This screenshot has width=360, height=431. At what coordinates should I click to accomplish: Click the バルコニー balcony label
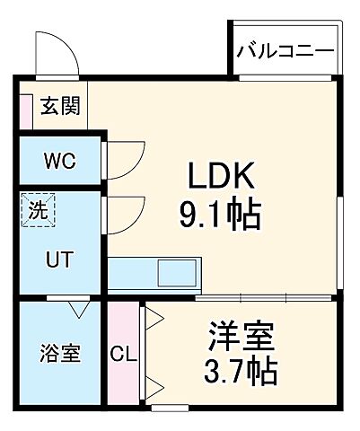click(285, 52)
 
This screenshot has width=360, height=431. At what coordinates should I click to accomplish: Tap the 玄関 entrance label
click(58, 106)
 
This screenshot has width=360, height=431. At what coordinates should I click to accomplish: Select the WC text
click(61, 162)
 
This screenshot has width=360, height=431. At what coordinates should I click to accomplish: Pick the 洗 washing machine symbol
click(38, 213)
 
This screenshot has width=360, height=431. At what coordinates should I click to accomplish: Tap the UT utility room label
click(60, 259)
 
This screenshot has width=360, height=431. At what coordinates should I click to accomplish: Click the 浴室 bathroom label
click(59, 352)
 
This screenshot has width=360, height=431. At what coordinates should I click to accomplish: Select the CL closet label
click(123, 353)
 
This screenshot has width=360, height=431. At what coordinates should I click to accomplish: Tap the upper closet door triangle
click(152, 316)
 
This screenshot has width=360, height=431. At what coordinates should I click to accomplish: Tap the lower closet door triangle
click(152, 389)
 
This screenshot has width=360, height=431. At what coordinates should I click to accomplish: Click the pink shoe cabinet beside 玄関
click(26, 106)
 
